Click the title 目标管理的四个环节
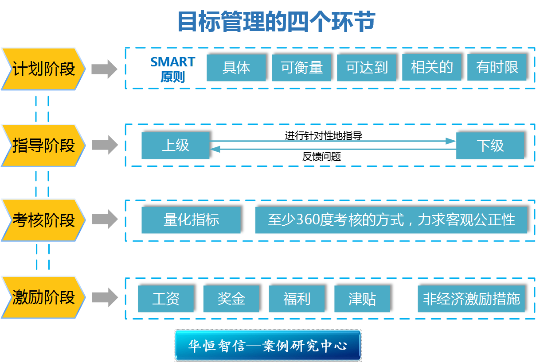coord(276,22)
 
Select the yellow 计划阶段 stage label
coord(43,69)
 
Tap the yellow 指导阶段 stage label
coord(43,146)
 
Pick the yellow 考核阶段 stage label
coord(43,220)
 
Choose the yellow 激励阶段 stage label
coord(43,297)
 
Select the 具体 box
coord(236,68)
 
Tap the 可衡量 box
coord(301,68)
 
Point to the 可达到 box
coord(367,68)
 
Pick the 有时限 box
coord(497,68)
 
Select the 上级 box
coord(175,146)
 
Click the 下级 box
coord(490,146)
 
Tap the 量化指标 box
coord(191,220)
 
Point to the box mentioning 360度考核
coord(391,220)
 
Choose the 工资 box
coord(166,299)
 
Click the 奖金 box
coord(231,299)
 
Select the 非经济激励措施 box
coord(471,299)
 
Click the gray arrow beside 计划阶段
coord(104,69)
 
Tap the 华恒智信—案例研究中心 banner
coord(268,345)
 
